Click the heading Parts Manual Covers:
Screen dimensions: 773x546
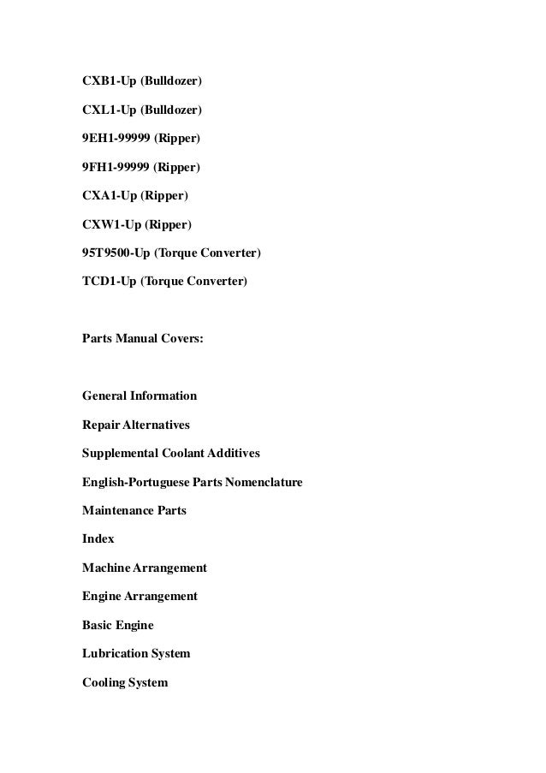(143, 338)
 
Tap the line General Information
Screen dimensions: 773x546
(139, 395)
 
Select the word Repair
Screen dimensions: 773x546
(100, 425)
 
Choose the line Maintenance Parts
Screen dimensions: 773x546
(134, 511)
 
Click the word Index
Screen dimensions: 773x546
(98, 539)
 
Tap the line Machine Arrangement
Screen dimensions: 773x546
(145, 568)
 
